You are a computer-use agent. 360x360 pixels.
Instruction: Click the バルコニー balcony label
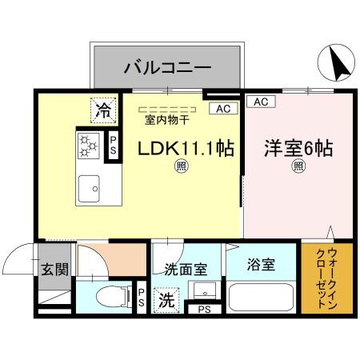click(166, 66)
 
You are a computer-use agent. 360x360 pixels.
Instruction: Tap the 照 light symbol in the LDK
click(182, 167)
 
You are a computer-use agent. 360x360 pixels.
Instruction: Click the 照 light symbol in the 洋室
click(298, 167)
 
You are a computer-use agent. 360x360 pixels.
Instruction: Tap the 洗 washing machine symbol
click(166, 302)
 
